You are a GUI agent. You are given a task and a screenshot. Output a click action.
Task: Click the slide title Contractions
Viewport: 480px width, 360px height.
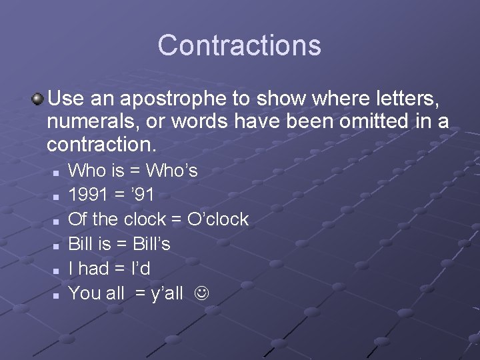tap(239, 45)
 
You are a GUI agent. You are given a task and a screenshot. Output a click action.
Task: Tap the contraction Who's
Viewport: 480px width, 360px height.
tap(172, 171)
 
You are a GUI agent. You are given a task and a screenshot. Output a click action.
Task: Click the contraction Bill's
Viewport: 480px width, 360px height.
tap(152, 243)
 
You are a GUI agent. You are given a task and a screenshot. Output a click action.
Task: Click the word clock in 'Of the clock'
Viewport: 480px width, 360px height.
tap(144, 219)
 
